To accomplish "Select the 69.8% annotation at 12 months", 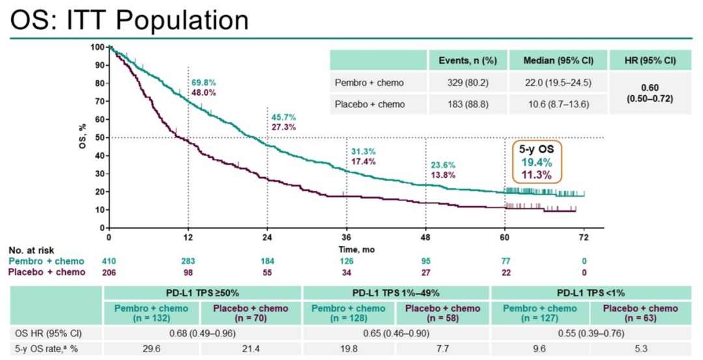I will pyautogui.click(x=204, y=83).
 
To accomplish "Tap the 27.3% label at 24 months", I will pyautogui.click(x=283, y=127).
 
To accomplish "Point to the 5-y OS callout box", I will pyautogui.click(x=537, y=161).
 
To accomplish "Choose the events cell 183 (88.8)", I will pyautogui.click(x=467, y=104).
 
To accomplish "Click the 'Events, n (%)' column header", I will pyautogui.click(x=467, y=61).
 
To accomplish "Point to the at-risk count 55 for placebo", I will pyautogui.click(x=268, y=272).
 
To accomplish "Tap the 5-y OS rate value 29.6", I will pyautogui.click(x=152, y=348).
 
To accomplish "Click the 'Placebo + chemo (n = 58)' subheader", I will pyautogui.click(x=443, y=312).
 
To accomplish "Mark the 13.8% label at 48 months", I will pyautogui.click(x=443, y=175).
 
